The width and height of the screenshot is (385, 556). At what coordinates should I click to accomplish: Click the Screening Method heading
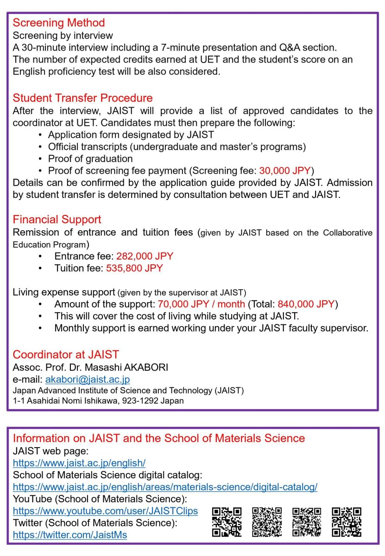click(x=59, y=23)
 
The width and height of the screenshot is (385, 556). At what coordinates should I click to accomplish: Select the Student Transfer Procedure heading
click(x=82, y=98)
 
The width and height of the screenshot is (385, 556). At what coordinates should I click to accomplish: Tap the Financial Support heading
click(x=57, y=219)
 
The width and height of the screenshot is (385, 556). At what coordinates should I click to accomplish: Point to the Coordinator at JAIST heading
click(x=66, y=355)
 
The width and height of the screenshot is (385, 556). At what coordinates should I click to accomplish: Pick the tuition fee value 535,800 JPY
click(x=134, y=268)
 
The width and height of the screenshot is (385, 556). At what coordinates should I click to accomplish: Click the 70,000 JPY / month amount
click(x=202, y=304)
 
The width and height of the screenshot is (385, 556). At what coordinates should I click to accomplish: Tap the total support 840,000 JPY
click(x=306, y=304)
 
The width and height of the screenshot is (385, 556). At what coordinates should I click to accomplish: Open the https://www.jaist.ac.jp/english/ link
click(x=79, y=462)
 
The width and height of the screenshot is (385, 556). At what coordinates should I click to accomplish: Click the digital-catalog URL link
click(x=165, y=487)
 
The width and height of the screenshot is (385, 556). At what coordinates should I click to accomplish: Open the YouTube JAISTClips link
click(x=105, y=511)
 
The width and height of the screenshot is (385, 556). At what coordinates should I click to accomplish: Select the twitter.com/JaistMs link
click(x=70, y=535)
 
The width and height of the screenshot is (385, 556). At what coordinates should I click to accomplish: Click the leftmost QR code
click(x=227, y=522)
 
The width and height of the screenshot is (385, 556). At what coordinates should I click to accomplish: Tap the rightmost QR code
click(x=347, y=522)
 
